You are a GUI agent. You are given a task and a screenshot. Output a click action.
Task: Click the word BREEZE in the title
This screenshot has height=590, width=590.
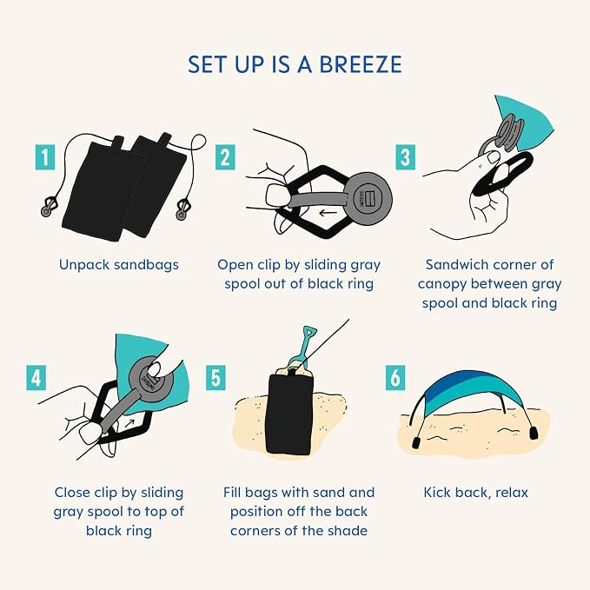(x=360, y=64)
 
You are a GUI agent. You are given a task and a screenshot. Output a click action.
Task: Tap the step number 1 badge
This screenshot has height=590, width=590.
(x=45, y=157)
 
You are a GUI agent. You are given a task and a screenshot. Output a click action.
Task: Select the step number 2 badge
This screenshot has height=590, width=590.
(x=225, y=157)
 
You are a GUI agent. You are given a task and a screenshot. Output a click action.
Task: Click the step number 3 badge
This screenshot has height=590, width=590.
(x=405, y=157)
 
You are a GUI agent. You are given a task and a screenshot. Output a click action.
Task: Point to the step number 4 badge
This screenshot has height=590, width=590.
(x=36, y=377)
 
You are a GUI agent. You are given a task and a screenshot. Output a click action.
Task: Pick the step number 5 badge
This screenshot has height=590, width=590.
(x=215, y=377)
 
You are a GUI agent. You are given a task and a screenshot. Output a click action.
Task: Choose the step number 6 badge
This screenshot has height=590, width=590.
(x=395, y=377)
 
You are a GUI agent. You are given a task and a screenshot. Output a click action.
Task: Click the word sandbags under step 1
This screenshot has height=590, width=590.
(x=146, y=264)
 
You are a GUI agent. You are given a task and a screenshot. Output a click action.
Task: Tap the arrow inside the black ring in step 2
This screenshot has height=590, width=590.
(x=328, y=214)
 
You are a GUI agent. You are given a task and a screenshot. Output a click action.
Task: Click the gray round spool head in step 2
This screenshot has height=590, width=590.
(x=368, y=196)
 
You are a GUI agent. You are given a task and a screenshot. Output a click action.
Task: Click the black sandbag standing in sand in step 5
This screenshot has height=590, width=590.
(x=289, y=412)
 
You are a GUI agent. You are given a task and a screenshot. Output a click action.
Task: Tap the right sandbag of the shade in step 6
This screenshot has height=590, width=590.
(x=534, y=433)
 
